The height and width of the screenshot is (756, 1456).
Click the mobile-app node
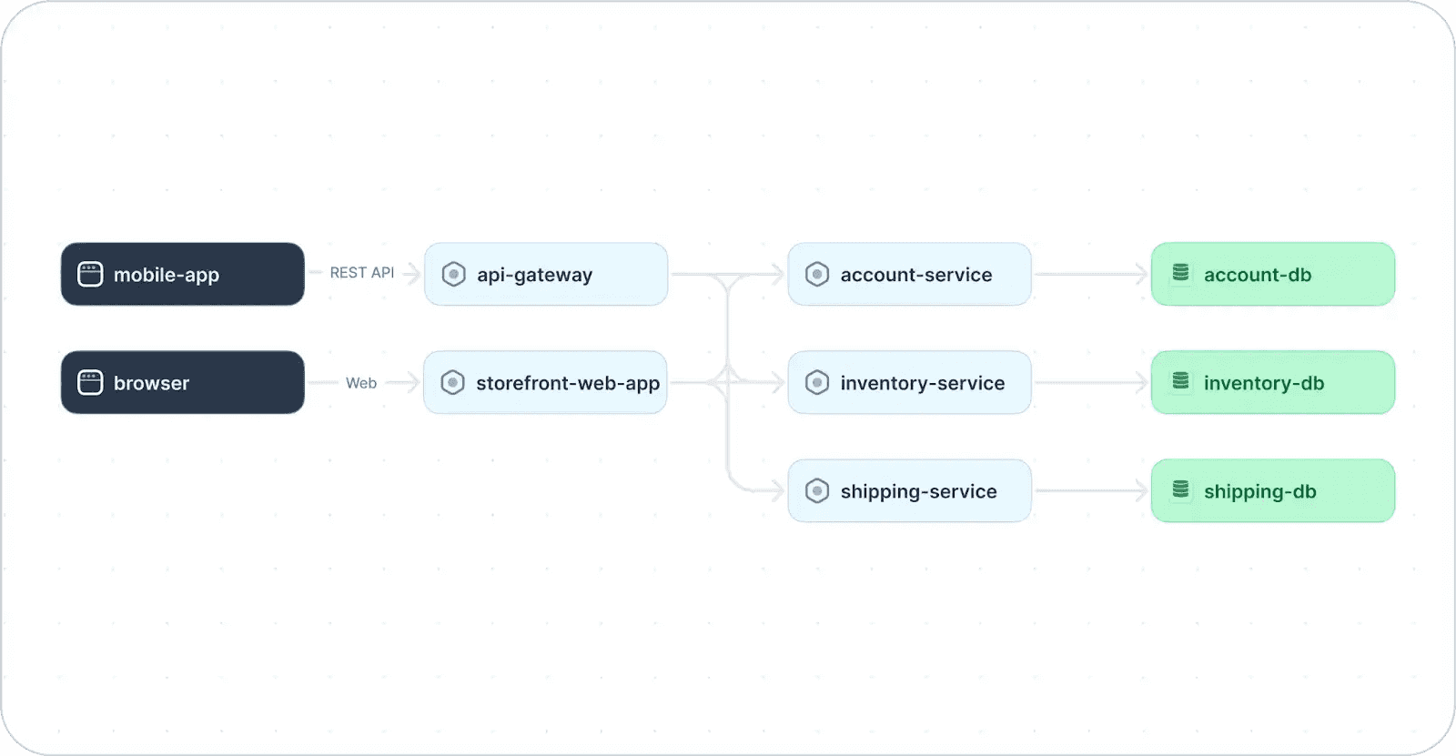pyautogui.click(x=183, y=275)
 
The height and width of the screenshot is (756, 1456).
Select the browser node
pyautogui.click(x=183, y=382)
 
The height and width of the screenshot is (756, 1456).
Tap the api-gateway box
pyautogui.click(x=546, y=275)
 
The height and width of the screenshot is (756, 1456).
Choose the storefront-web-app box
pyautogui.click(x=545, y=382)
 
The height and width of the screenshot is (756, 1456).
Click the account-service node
pyautogui.click(x=909, y=275)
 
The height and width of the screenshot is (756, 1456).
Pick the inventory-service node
pyautogui.click(x=909, y=382)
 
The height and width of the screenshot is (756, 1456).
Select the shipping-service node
pyautogui.click(x=909, y=490)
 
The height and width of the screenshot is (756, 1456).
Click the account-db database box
pyautogui.click(x=1273, y=275)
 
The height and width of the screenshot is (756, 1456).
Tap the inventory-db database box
pyautogui.click(x=1273, y=382)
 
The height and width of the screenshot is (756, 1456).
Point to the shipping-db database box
pyautogui.click(x=1273, y=490)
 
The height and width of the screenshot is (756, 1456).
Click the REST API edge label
pyautogui.click(x=362, y=273)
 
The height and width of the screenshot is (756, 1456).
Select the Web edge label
pyautogui.click(x=360, y=383)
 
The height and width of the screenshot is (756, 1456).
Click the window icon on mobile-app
pyautogui.click(x=90, y=275)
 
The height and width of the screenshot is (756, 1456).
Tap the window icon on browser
pyautogui.click(x=90, y=382)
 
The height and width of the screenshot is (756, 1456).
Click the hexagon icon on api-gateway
pyautogui.click(x=454, y=275)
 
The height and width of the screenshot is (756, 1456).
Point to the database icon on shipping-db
pyautogui.click(x=1180, y=489)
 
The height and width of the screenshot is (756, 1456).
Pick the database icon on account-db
pyautogui.click(x=1180, y=272)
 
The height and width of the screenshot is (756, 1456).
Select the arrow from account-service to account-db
pyautogui.click(x=1091, y=275)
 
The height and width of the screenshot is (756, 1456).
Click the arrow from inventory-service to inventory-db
pyautogui.click(x=1091, y=382)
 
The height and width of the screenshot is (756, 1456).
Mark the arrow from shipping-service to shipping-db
pyautogui.click(x=1091, y=490)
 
